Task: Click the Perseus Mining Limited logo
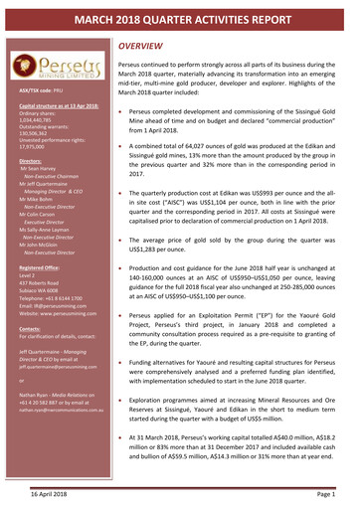tap(56, 68)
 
